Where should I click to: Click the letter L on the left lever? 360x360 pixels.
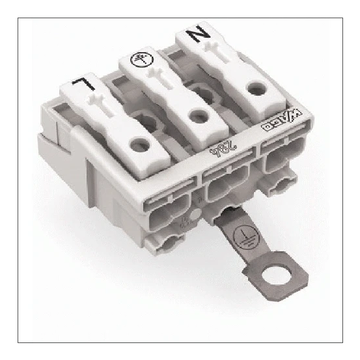coord(81,84)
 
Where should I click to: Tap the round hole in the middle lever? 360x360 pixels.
coord(195,115)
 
